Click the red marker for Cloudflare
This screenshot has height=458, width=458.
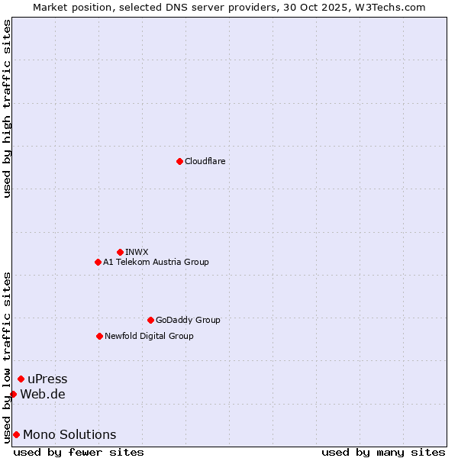pos(179,161)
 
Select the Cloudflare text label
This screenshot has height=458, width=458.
pos(205,161)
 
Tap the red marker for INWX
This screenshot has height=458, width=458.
pos(120,252)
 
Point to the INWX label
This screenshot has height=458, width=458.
pos(137,252)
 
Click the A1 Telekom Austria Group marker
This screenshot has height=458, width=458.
pos(98,262)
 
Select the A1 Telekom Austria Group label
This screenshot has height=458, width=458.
pos(156,262)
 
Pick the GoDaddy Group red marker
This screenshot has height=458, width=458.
pos(150,320)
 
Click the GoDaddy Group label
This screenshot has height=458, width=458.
pos(188,320)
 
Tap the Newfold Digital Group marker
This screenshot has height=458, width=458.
pos(99,336)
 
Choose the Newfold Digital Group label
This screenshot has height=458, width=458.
pos(149,336)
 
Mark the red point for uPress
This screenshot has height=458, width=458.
pos(21,379)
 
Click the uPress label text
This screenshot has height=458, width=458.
pos(47,379)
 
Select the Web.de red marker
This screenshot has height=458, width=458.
pos(13,394)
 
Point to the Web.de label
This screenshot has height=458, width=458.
pos(43,394)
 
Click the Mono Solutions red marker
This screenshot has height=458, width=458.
pos(16,434)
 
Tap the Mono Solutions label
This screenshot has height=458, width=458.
pos(69,434)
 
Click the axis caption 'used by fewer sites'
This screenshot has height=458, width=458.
pos(79,452)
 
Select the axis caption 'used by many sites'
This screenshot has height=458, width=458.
pos(382,452)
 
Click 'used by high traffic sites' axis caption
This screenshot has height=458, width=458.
pos(7,108)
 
